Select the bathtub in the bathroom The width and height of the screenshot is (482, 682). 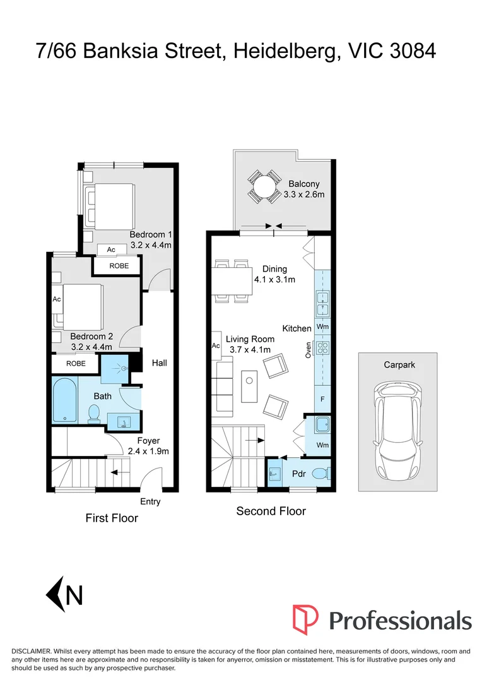pyautogui.click(x=64, y=400)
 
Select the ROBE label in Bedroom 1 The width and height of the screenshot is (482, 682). pyautogui.click(x=119, y=266)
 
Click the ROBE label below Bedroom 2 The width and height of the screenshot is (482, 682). pyautogui.click(x=76, y=364)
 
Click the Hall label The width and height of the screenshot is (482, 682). pyautogui.click(x=159, y=363)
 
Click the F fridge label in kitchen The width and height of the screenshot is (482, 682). pyautogui.click(x=322, y=399)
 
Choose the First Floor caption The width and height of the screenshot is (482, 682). pyautogui.click(x=112, y=518)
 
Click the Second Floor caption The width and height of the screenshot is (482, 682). pyautogui.click(x=271, y=511)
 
